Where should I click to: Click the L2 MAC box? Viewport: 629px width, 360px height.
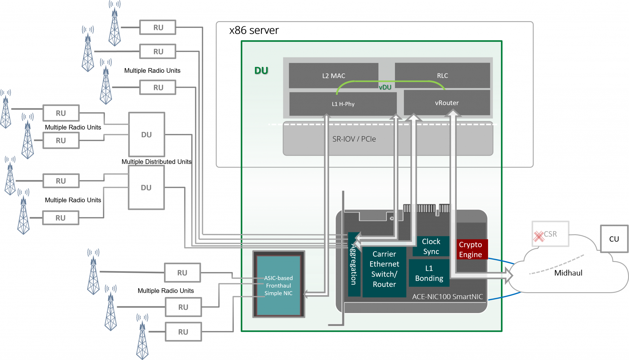334,75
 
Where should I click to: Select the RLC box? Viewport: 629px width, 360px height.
442,75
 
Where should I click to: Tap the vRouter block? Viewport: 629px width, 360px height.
447,103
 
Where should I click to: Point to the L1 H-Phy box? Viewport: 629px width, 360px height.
343,104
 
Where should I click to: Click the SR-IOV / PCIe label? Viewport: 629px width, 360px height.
354,139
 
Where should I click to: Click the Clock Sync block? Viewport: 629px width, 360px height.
431,246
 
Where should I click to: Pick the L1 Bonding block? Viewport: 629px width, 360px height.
429,273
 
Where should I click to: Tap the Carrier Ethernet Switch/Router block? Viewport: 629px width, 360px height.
384,269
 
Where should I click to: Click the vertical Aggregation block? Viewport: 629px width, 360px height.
354,264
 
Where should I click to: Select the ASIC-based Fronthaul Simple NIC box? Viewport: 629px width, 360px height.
278,285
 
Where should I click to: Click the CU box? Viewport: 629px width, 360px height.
614,239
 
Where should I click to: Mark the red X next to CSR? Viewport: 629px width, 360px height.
538,236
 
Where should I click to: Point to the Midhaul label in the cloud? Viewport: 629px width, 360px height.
568,273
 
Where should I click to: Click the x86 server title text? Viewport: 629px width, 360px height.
254,30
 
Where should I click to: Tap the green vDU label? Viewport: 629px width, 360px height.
385,87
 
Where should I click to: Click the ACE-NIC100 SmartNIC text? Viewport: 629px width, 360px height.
447,297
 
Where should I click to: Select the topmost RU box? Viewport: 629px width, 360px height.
158,27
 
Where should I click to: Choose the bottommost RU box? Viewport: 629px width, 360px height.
183,332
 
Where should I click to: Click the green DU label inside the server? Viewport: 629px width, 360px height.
261,71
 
